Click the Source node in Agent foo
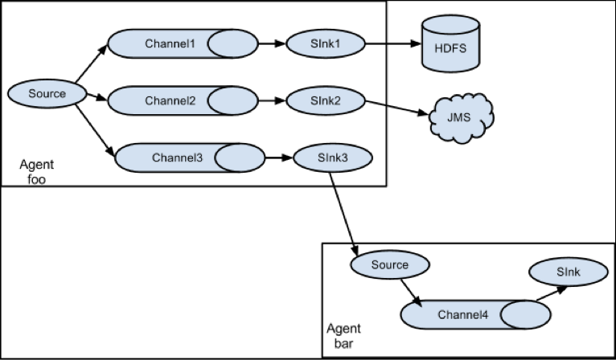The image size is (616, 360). [47, 94]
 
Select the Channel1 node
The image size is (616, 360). [183, 43]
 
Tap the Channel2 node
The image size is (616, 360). [183, 101]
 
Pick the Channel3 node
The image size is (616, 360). [190, 157]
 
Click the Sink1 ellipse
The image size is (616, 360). [325, 43]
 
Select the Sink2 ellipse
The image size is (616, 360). [325, 101]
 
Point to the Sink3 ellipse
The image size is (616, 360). [333, 157]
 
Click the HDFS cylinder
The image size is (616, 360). [450, 43]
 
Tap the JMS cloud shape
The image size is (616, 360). [461, 118]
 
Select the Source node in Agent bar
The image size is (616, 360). [390, 265]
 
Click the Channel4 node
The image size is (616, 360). [476, 314]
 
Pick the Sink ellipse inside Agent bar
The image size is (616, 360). [569, 272]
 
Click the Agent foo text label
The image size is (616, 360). [36, 172]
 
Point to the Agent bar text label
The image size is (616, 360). [343, 336]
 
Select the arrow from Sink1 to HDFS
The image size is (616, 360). [393, 43]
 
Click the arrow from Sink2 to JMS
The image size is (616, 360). [396, 108]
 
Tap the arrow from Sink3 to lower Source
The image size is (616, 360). [343, 215]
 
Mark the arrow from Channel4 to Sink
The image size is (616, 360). [552, 293]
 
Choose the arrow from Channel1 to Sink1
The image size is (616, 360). [272, 43]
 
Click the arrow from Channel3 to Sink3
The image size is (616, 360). [279, 158]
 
